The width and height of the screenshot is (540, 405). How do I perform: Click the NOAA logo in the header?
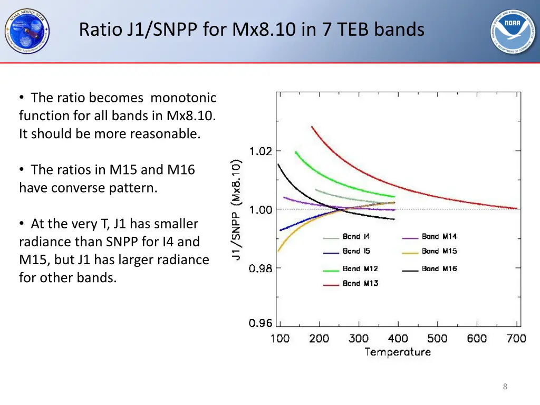[x=513, y=32]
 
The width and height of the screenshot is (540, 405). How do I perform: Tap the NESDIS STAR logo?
[x=27, y=31]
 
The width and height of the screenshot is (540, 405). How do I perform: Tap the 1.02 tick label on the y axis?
[x=261, y=151]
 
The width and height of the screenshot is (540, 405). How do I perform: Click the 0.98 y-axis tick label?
[x=261, y=268]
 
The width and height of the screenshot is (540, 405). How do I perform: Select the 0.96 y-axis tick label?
[x=261, y=323]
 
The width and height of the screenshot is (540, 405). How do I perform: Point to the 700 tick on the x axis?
[x=516, y=339]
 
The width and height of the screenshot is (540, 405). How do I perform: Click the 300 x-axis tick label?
[x=359, y=339]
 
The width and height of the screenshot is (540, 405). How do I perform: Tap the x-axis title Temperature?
[x=398, y=352]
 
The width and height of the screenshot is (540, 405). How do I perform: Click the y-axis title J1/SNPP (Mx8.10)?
[x=237, y=210]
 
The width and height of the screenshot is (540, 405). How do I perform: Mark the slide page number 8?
[x=505, y=387]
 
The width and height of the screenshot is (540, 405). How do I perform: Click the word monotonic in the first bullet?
[x=184, y=98]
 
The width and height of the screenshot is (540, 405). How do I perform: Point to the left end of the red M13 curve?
[x=312, y=127]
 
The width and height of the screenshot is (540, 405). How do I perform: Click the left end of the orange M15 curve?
[x=278, y=252]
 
